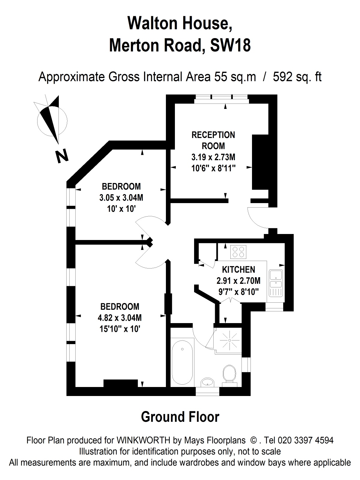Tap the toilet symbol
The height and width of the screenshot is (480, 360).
(x=230, y=373)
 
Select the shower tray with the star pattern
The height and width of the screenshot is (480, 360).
(x=230, y=340)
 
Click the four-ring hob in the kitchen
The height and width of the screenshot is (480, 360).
(x=238, y=252)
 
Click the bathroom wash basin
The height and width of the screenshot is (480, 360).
(x=208, y=382)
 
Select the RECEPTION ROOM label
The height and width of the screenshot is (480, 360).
(x=213, y=140)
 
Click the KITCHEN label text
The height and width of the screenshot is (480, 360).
(x=238, y=269)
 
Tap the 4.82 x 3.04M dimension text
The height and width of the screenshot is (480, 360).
(x=120, y=317)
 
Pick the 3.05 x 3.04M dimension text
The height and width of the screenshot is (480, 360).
(x=121, y=197)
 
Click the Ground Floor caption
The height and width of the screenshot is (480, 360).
(x=180, y=417)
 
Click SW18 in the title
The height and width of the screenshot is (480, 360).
(x=230, y=46)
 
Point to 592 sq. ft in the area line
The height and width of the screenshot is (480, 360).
(x=297, y=77)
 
